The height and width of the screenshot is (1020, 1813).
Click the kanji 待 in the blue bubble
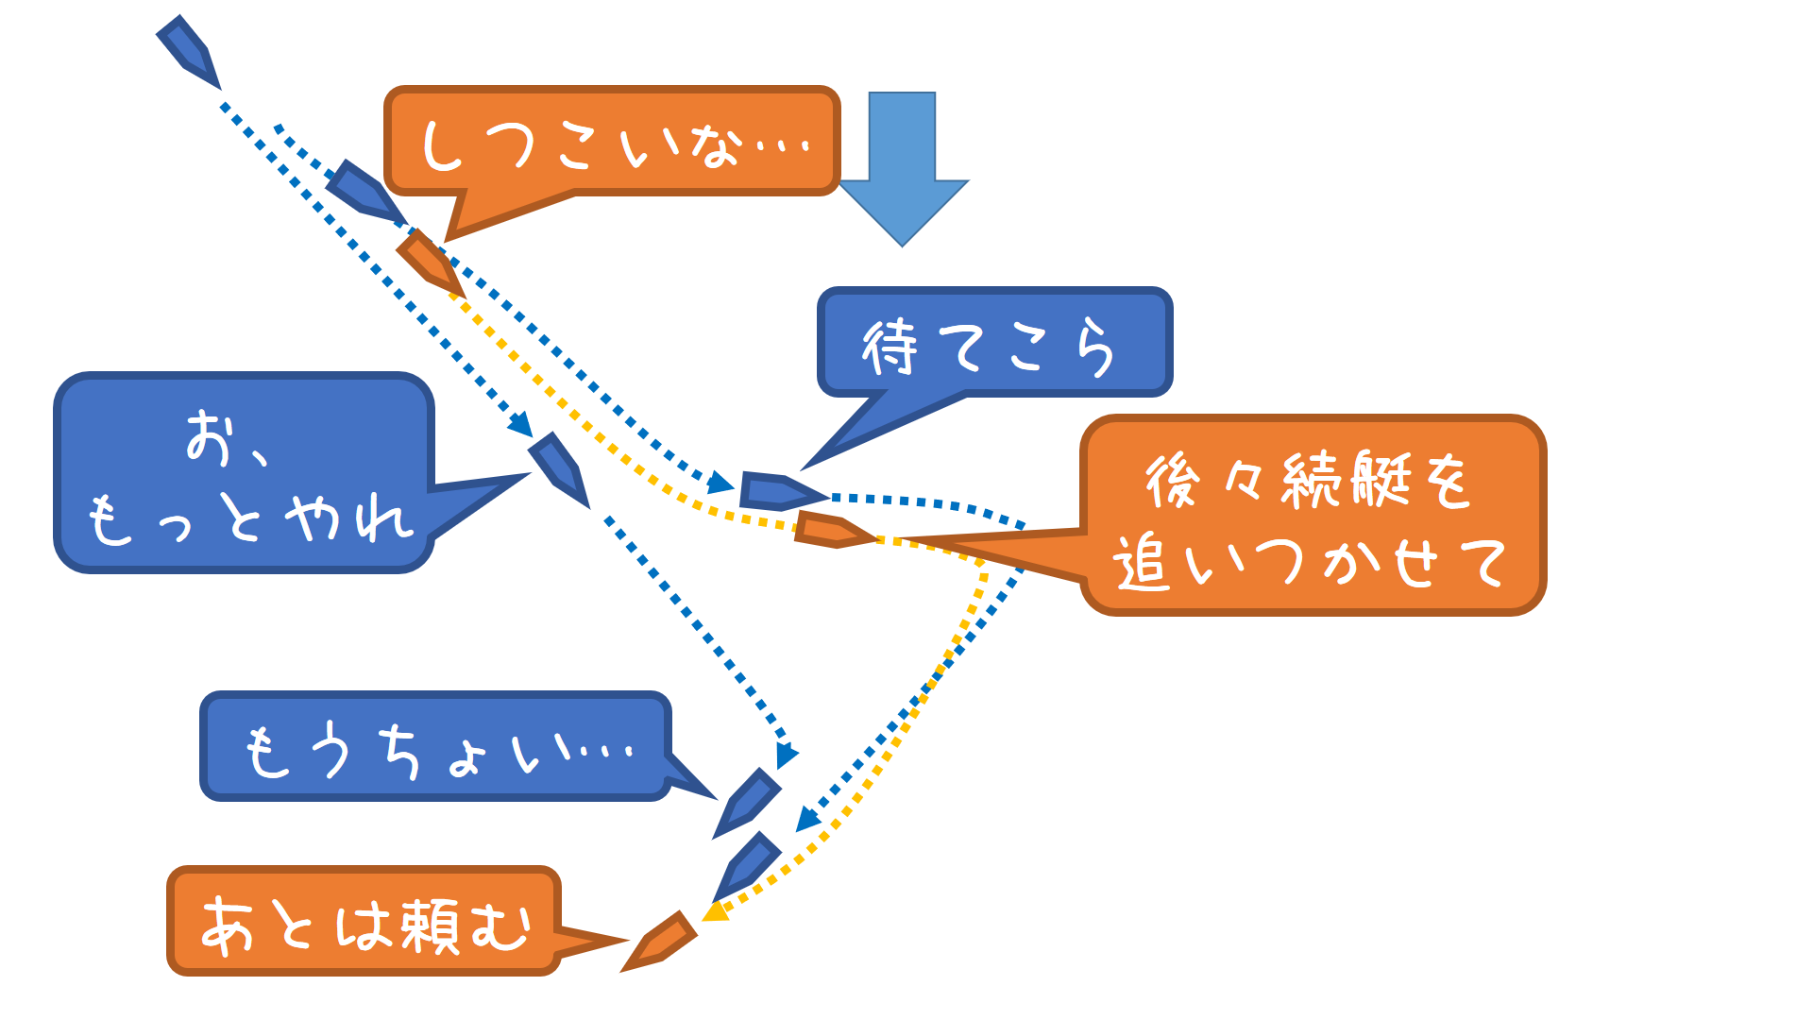pyautogui.click(x=890, y=347)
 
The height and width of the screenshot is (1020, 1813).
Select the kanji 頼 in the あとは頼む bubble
pyautogui.click(x=432, y=926)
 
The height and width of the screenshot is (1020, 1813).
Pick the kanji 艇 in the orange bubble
pyautogui.click(x=1381, y=479)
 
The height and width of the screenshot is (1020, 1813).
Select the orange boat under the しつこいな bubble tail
pyautogui.click(x=430, y=262)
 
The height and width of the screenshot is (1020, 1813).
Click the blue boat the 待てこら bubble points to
pyautogui.click(x=780, y=491)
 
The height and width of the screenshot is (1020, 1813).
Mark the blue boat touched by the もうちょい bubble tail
pyautogui.click(x=749, y=801)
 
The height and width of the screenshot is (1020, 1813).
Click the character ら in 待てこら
pyautogui.click(x=1095, y=347)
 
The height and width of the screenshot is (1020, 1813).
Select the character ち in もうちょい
pyautogui.click(x=400, y=752)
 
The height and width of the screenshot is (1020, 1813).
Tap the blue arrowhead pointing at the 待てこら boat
pyautogui.click(x=721, y=483)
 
